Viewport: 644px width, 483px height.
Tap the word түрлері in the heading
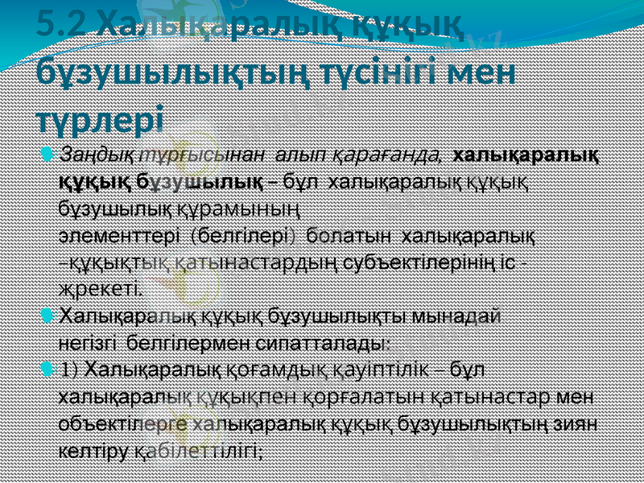100,119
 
